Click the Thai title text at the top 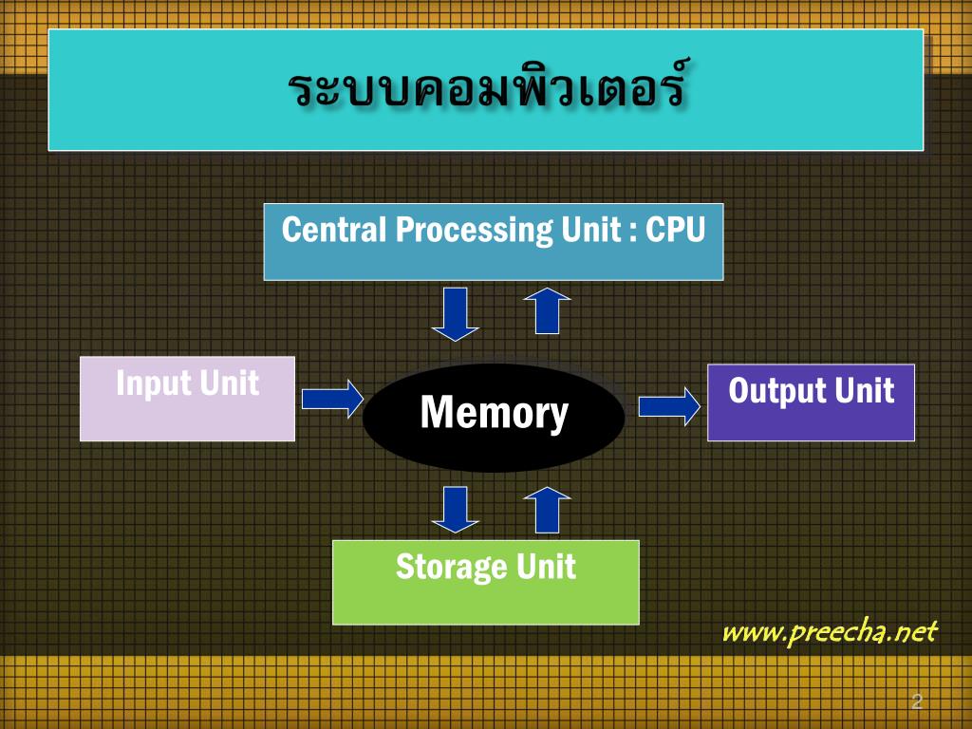486,90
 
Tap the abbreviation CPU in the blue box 676,230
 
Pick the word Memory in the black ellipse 494,413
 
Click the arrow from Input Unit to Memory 332,399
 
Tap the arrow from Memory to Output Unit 669,407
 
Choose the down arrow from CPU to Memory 456,314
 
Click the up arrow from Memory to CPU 547,310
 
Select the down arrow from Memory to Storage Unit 456,510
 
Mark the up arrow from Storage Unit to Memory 547,510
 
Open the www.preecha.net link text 830,632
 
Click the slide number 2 916,702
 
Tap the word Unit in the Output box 864,390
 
